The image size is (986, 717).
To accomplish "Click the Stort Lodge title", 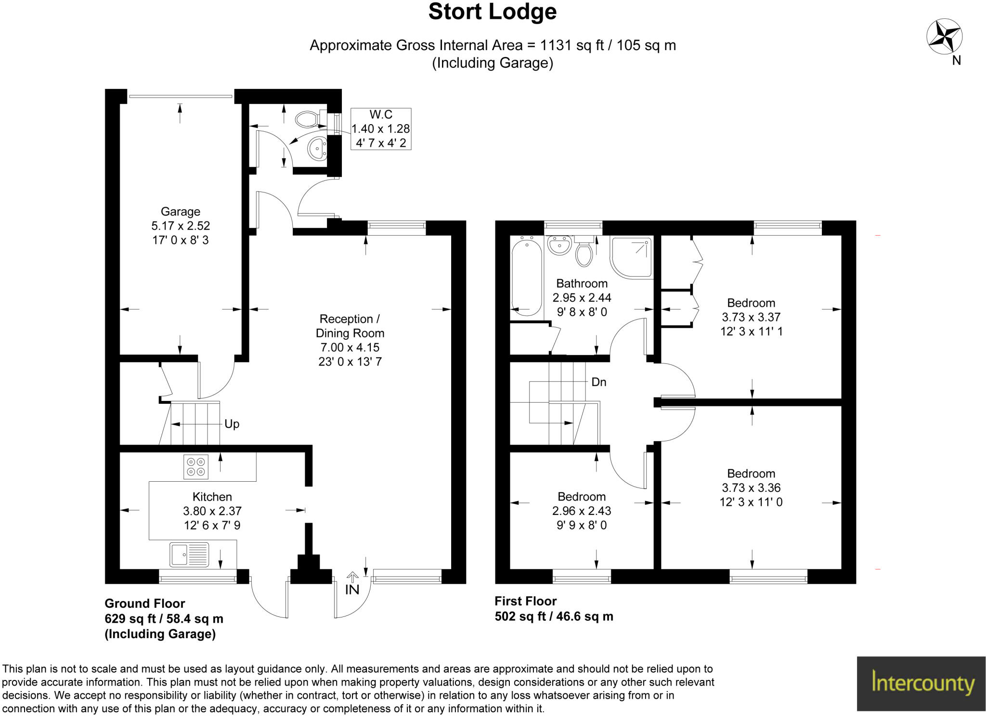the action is pyautogui.click(x=493, y=12).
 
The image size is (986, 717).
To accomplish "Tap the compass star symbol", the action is pyautogui.click(x=944, y=37).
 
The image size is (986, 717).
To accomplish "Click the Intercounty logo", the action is pyautogui.click(x=921, y=683).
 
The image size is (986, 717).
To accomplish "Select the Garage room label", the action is pyautogui.click(x=181, y=211).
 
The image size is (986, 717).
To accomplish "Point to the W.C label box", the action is pyautogui.click(x=381, y=129).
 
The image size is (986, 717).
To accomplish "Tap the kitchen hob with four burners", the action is pyautogui.click(x=196, y=467).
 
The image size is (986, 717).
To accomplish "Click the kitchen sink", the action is pyautogui.click(x=189, y=554).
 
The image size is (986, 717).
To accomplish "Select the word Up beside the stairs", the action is pyautogui.click(x=232, y=424).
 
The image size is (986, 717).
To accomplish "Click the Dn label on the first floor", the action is pyautogui.click(x=598, y=382).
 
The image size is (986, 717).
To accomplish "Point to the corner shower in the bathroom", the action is pyautogui.click(x=632, y=257).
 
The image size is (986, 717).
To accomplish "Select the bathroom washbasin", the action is pyautogui.click(x=559, y=245).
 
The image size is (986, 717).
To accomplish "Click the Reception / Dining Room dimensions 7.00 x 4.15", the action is pyautogui.click(x=350, y=347).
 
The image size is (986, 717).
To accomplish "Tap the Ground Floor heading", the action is pyautogui.click(x=145, y=603).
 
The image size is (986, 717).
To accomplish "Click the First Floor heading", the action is pyautogui.click(x=526, y=601).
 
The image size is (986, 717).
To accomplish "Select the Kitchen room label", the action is pyautogui.click(x=212, y=497).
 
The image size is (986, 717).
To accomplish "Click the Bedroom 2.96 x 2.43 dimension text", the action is pyautogui.click(x=582, y=511).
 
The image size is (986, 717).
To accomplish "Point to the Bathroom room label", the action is pyautogui.click(x=582, y=283).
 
